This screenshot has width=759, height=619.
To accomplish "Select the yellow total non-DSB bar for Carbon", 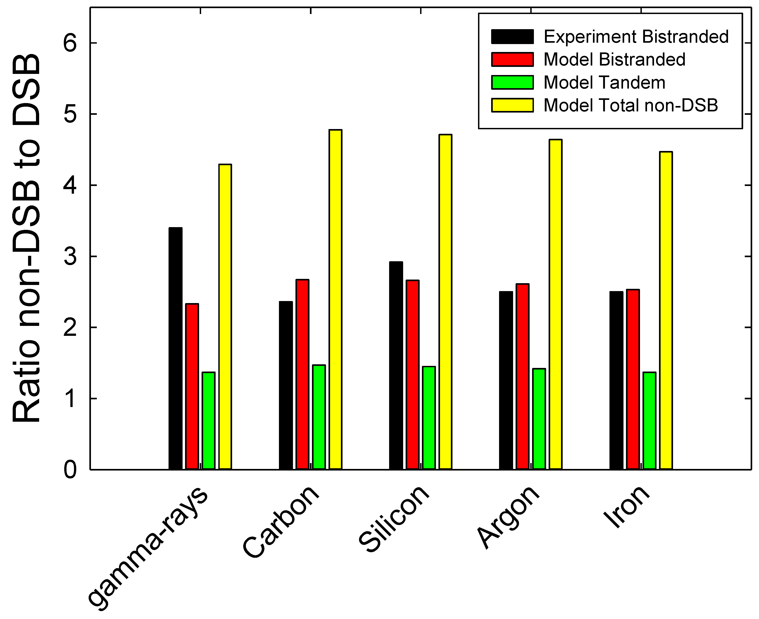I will (335, 299).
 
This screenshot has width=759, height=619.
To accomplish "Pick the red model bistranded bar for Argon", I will (522, 377).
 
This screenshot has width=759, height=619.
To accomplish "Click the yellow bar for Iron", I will (666, 311).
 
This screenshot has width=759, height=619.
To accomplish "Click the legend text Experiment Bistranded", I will (636, 37).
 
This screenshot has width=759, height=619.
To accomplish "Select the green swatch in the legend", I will (512, 82).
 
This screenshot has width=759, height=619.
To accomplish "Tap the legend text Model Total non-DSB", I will (631, 106).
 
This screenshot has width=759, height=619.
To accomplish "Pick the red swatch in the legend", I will (512, 59).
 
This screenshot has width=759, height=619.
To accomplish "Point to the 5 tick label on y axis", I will (70, 114).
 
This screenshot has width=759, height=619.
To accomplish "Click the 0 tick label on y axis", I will (70, 470).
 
